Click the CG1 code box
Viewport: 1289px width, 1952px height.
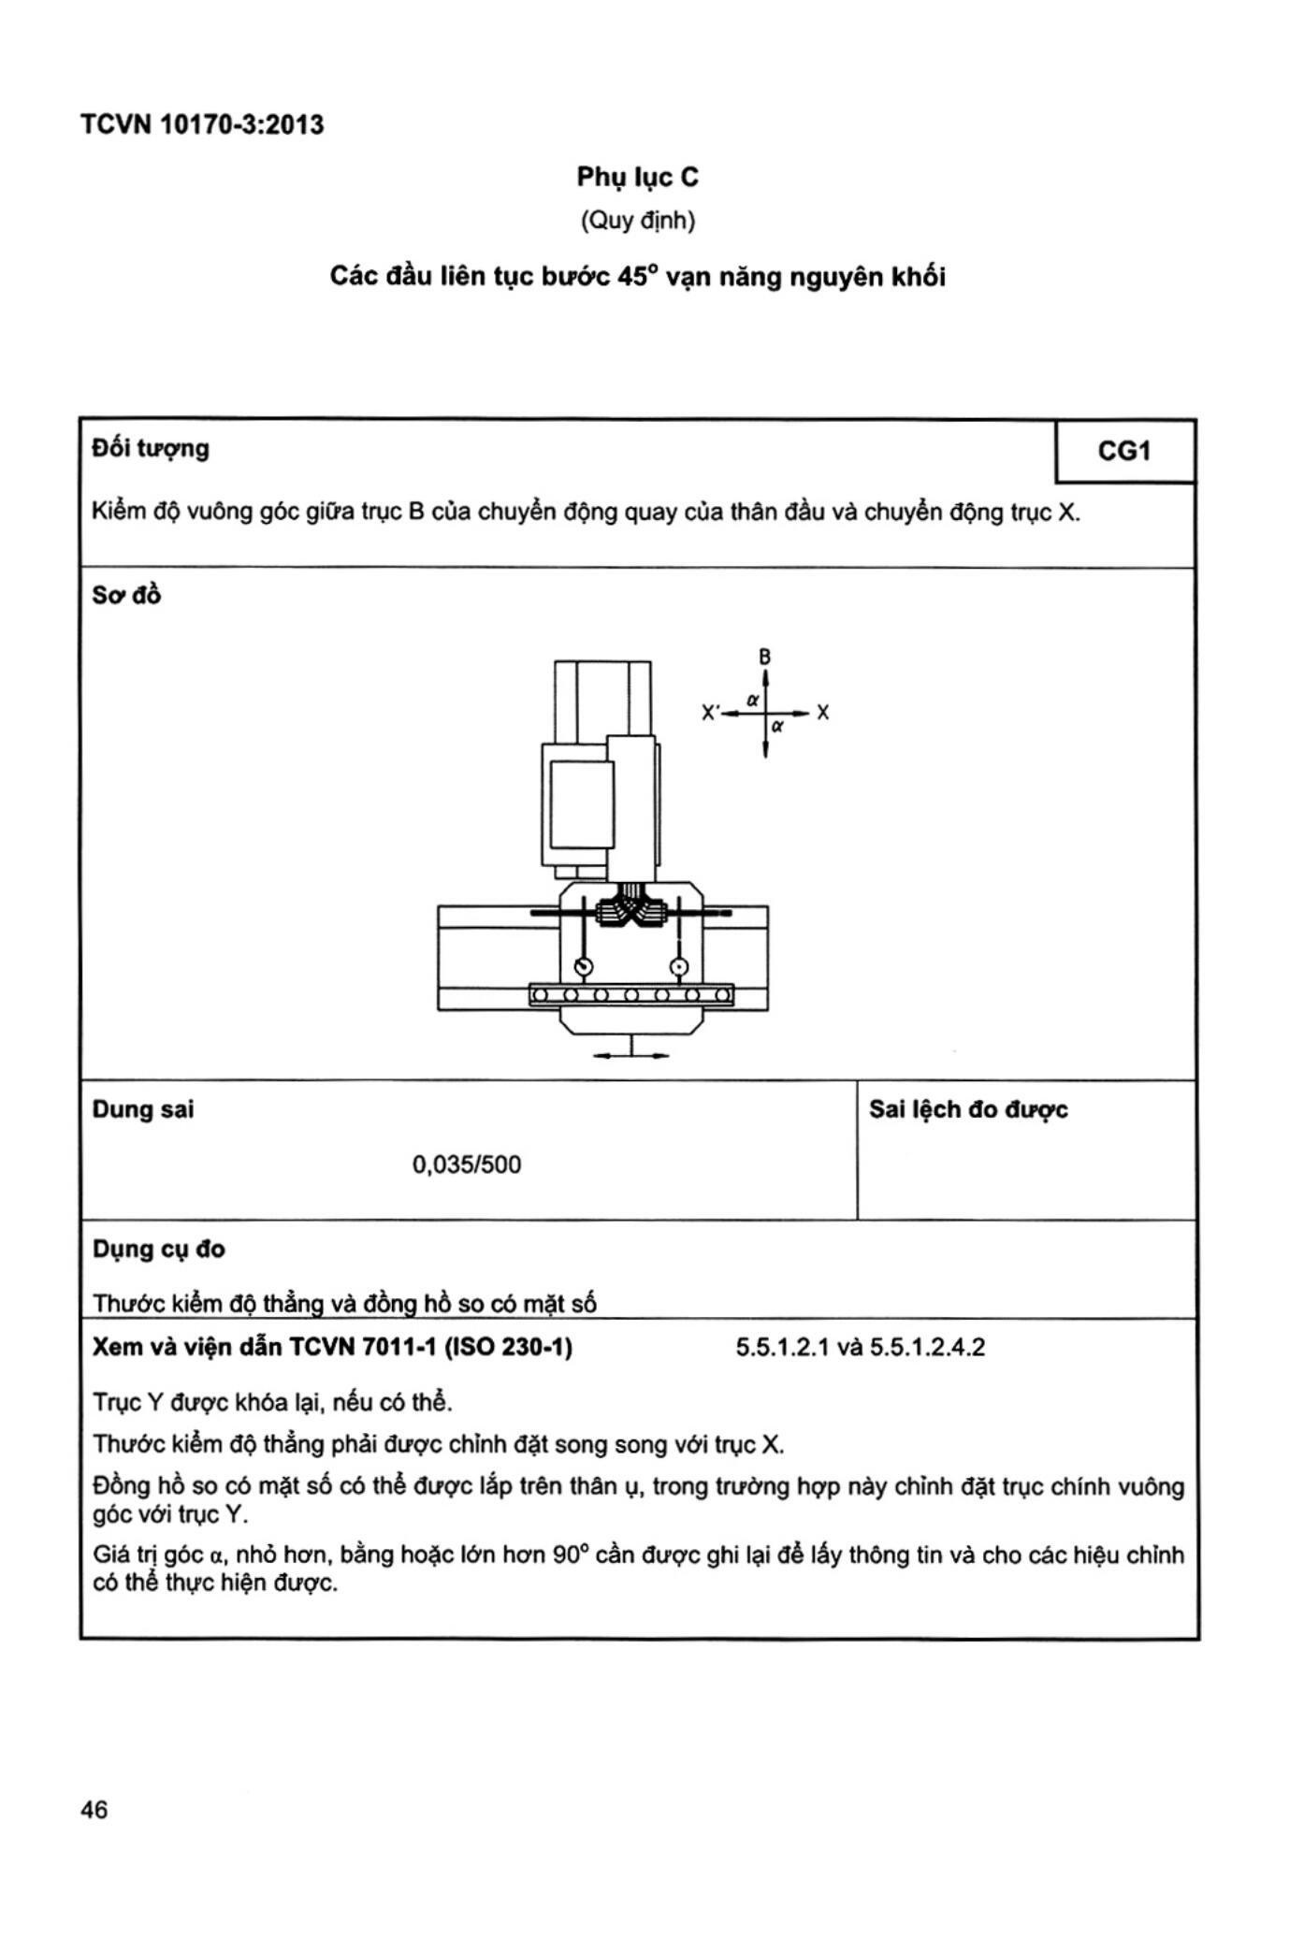point(1123,452)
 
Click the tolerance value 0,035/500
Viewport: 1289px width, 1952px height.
point(467,1164)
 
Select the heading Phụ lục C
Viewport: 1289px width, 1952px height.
point(637,177)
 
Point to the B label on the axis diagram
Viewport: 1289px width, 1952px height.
point(765,657)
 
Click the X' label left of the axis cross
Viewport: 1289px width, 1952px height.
point(710,713)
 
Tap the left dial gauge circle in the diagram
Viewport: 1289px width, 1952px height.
point(584,966)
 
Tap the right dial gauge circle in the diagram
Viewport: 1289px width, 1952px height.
point(680,966)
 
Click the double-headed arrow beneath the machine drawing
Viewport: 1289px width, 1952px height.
point(631,1055)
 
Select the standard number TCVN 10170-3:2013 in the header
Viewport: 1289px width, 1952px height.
point(202,124)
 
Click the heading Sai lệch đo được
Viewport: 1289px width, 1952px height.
point(968,1109)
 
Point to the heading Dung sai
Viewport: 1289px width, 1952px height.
point(143,1109)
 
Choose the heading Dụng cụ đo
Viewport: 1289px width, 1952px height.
point(159,1249)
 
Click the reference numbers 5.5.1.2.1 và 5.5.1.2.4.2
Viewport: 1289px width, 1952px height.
point(860,1347)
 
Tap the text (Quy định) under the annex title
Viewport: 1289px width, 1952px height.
point(637,222)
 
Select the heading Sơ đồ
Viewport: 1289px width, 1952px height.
point(126,595)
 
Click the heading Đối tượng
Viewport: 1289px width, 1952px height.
point(151,449)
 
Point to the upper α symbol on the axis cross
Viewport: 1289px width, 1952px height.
point(753,700)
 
